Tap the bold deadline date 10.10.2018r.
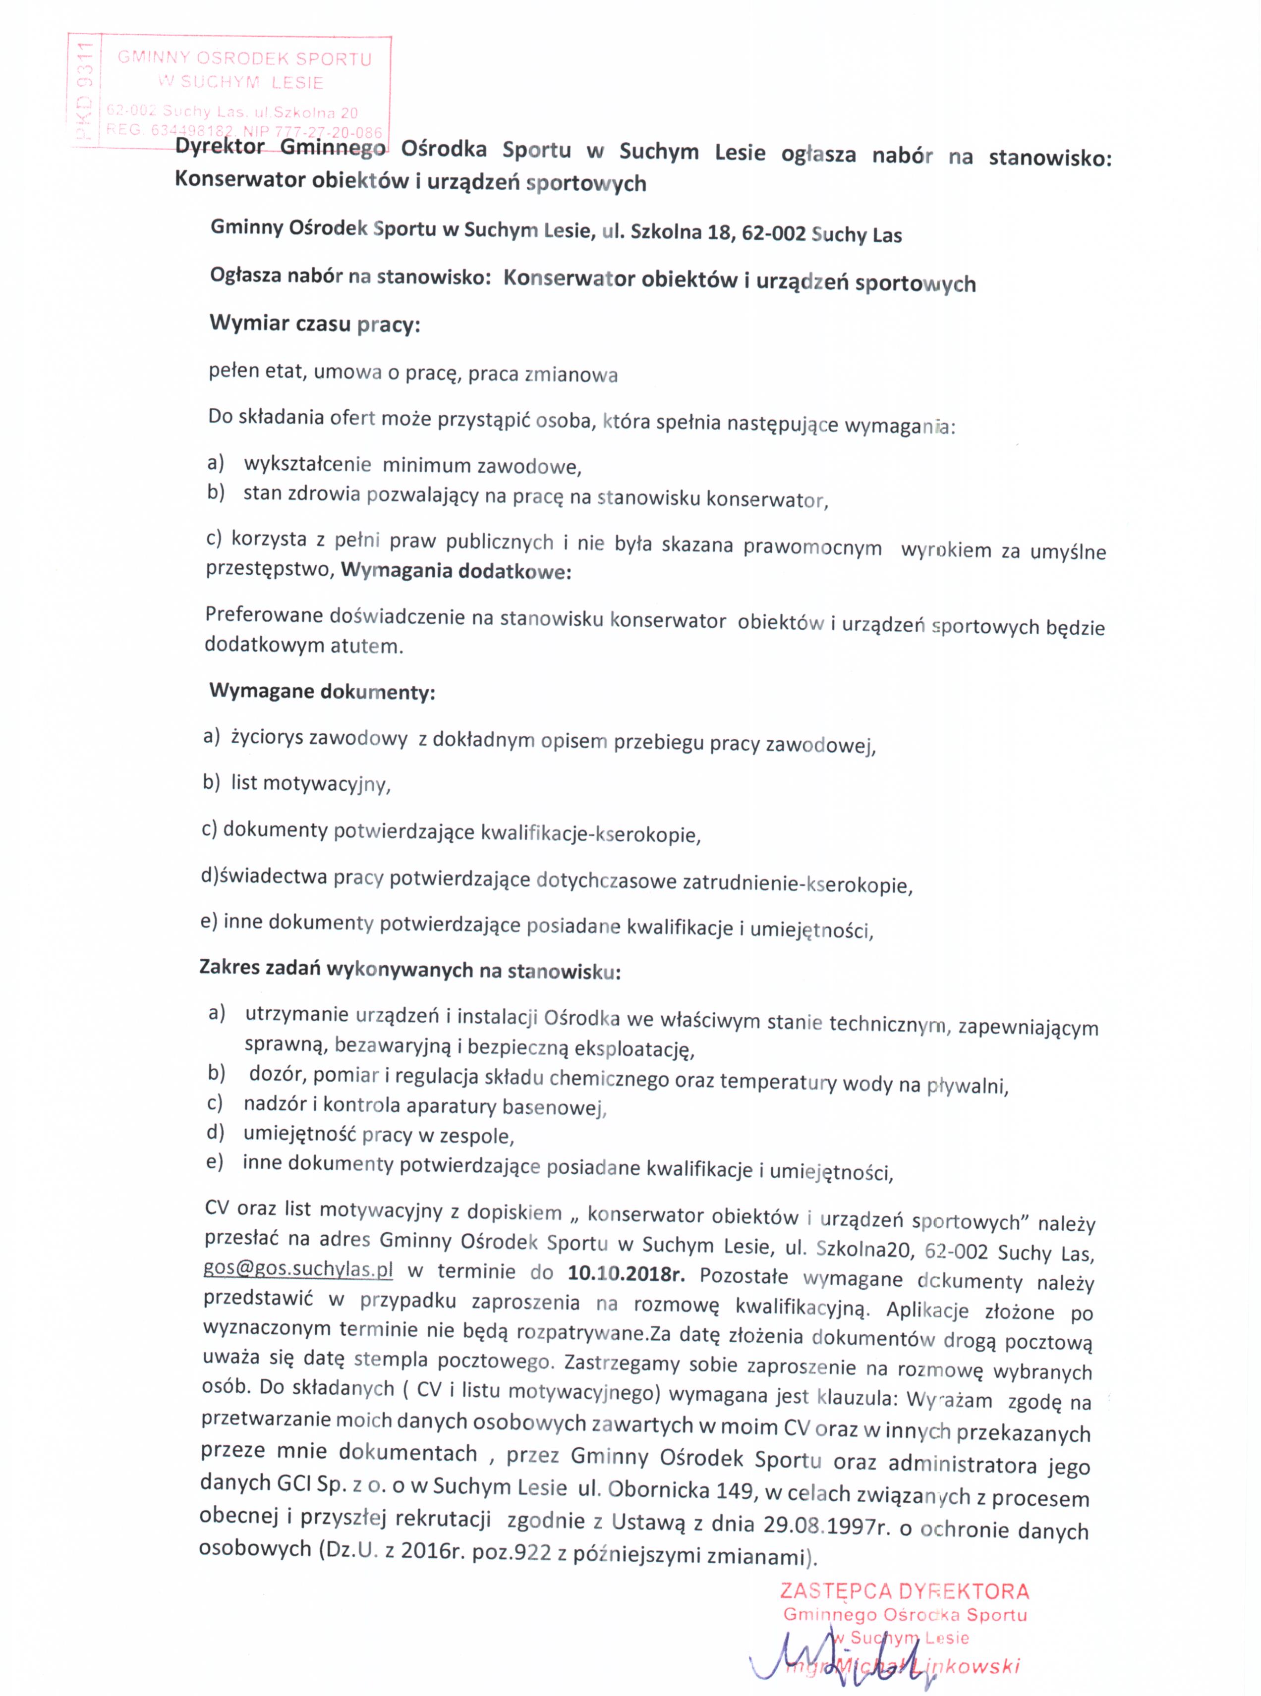coord(627,1272)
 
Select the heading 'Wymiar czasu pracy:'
coord(314,324)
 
